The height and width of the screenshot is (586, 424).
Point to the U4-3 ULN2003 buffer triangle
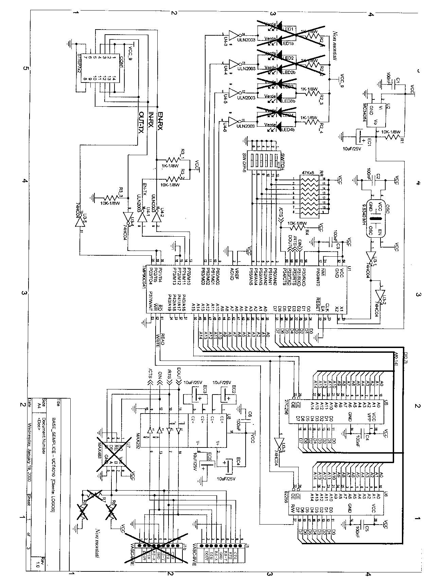click(x=233, y=35)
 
